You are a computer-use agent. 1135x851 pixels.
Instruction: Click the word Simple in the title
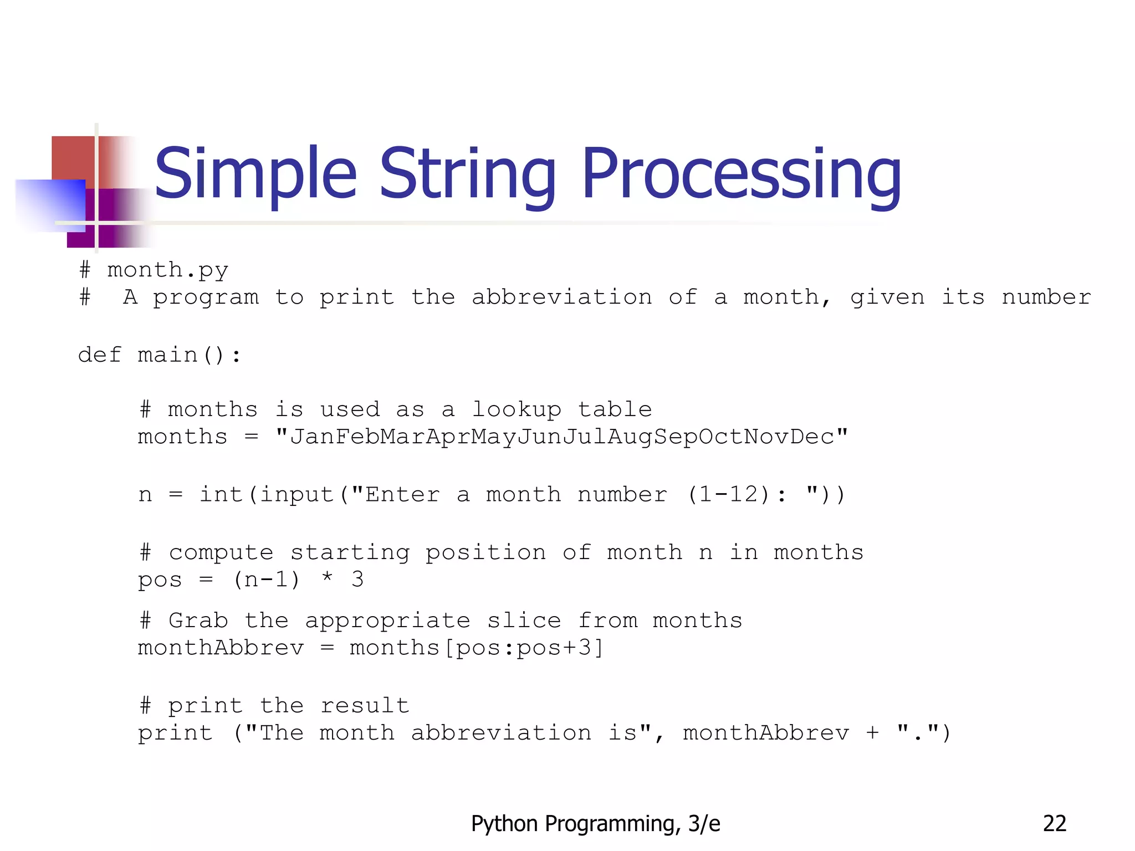255,175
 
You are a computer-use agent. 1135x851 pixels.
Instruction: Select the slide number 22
1054,824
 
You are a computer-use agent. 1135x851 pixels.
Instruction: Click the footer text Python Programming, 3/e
595,824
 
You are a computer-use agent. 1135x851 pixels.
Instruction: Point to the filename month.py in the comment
167,270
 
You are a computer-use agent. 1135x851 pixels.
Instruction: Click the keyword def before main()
99,355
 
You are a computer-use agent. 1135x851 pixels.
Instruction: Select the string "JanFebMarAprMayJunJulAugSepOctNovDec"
561,437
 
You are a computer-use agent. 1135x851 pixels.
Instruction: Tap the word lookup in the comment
516,410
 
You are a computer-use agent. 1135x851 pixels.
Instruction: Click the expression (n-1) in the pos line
267,580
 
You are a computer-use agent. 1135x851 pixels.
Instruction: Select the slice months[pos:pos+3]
477,648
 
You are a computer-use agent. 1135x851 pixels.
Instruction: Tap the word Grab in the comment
198,621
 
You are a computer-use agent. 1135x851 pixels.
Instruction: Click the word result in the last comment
365,706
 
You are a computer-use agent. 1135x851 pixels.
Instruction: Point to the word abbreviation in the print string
501,733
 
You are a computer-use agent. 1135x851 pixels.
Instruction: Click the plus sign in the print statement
873,733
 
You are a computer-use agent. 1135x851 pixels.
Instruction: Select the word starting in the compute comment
350,553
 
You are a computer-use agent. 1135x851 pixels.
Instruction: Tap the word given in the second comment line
887,298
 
